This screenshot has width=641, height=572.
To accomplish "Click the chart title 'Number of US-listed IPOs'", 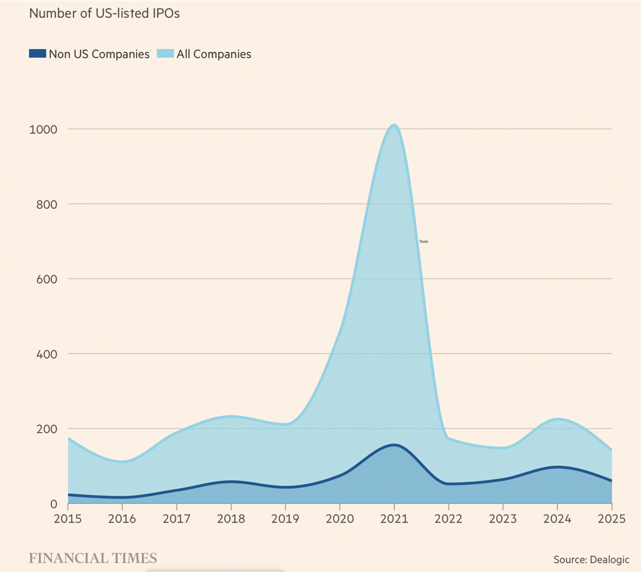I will [x=104, y=13].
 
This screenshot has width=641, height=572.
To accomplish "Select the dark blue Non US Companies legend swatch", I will [x=37, y=54].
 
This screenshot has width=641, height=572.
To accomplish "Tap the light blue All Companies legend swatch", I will [x=165, y=54].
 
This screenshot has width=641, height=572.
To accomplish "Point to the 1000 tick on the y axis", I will [x=43, y=129].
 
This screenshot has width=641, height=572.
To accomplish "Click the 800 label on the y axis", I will [x=46, y=204].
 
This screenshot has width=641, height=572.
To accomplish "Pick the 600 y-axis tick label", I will [x=46, y=279].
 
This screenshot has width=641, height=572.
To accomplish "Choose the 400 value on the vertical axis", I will [x=46, y=354].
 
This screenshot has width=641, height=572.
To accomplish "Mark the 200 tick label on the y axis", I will [x=46, y=429].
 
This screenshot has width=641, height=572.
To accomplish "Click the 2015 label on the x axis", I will [x=69, y=518].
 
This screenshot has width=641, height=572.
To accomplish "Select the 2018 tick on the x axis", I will [x=232, y=518].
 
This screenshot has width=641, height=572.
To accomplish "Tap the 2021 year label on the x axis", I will [x=394, y=518].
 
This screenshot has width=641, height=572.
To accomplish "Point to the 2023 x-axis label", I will [x=503, y=518].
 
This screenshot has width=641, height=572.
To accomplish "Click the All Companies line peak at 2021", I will [x=394, y=125].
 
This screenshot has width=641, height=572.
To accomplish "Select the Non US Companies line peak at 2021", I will [x=394, y=445].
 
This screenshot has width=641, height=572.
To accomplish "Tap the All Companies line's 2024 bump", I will [x=557, y=419].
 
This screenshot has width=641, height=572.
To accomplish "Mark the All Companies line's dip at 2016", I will [x=123, y=461].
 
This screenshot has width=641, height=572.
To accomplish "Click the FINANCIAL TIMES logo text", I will [x=93, y=558].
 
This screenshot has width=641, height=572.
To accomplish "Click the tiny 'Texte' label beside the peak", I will [x=424, y=242].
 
